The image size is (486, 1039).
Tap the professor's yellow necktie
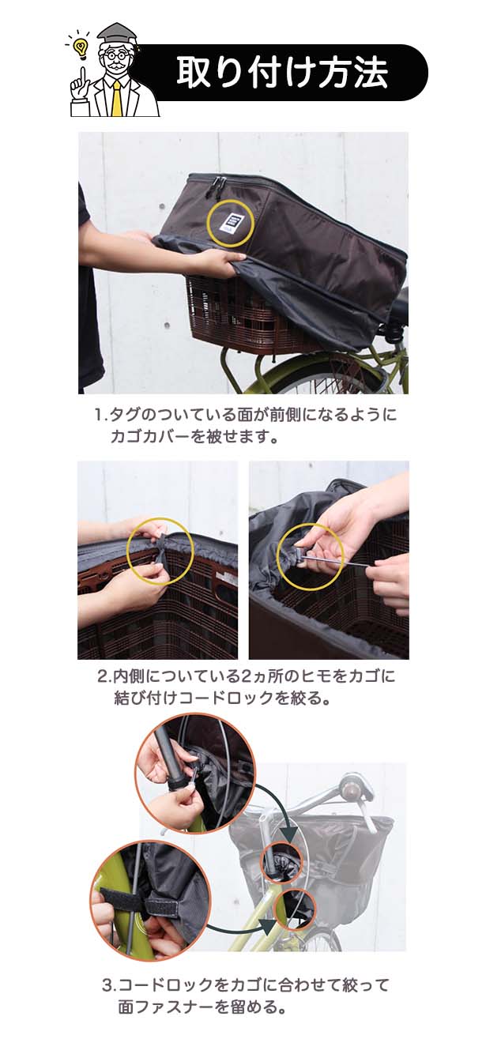[117, 99]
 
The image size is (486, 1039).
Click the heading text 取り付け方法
[282, 73]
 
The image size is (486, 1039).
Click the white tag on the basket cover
[231, 224]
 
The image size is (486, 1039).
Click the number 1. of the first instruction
[101, 414]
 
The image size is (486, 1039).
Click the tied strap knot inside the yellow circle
[160, 555]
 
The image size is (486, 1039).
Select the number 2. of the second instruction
[104, 676]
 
